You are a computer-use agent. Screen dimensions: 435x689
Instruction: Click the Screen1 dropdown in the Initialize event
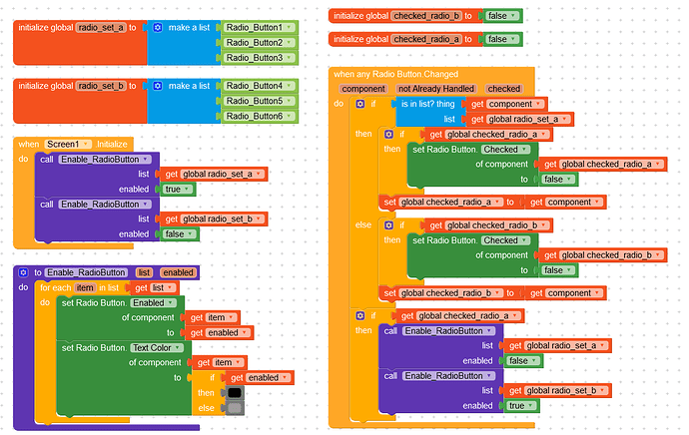click(x=73, y=145)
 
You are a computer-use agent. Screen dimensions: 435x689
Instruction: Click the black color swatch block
click(x=235, y=392)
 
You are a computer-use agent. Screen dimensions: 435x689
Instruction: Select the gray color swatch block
click(x=235, y=407)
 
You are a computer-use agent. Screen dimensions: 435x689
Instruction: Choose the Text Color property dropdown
click(x=157, y=347)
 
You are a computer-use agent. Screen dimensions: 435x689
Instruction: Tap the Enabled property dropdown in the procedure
click(x=155, y=302)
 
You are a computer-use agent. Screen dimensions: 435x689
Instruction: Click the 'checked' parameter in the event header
click(x=503, y=89)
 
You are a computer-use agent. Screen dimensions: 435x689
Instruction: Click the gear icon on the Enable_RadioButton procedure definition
click(x=23, y=272)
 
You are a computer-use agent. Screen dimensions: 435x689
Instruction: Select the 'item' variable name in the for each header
click(x=85, y=287)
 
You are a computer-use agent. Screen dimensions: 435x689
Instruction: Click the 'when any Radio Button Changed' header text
click(x=396, y=74)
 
